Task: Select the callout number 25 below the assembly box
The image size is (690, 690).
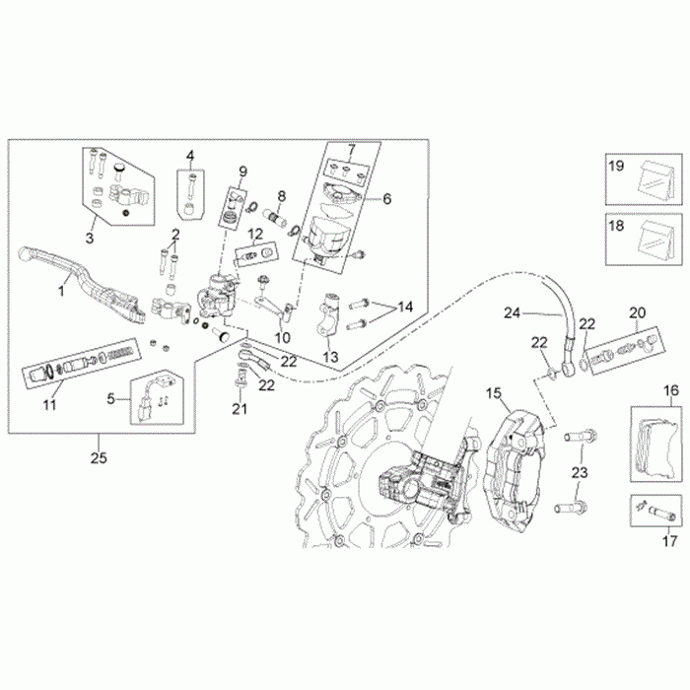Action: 97,458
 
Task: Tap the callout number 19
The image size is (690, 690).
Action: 616,167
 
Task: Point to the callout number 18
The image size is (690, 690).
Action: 616,226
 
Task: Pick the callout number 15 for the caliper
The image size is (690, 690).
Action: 493,393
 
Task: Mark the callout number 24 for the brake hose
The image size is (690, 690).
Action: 511,314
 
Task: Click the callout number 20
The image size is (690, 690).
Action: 638,311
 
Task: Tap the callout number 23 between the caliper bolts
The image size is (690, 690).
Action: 580,473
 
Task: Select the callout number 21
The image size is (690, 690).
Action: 238,408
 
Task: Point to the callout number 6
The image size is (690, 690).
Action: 387,198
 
